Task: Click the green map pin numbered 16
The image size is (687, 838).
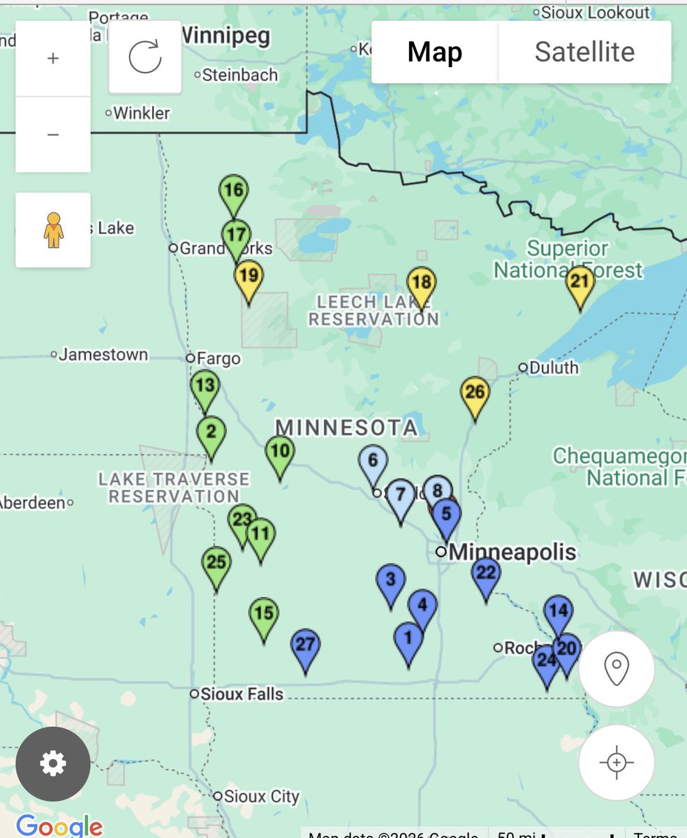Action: [x=233, y=191]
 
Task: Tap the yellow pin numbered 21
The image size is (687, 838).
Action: [x=580, y=282]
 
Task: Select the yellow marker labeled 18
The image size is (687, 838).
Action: [x=421, y=283]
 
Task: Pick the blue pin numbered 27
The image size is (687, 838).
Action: [x=305, y=645]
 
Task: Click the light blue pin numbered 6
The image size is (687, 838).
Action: [x=373, y=461]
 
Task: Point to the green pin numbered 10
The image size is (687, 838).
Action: [x=279, y=451]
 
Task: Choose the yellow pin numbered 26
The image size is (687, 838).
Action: [x=475, y=392]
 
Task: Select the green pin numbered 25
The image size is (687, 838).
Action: [x=216, y=562]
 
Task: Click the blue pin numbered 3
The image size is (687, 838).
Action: [x=390, y=580]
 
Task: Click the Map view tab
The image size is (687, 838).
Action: [x=435, y=52]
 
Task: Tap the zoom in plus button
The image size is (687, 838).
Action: [x=53, y=59]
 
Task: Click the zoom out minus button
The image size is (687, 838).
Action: [x=53, y=134]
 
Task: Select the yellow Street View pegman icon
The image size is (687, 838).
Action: [x=53, y=230]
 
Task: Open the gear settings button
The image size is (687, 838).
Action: [x=53, y=764]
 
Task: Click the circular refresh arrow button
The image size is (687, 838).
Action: [x=145, y=57]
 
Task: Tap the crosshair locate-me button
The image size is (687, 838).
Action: [x=616, y=762]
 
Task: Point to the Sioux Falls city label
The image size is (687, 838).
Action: [x=241, y=694]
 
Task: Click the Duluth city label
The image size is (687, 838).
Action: [x=553, y=367]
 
